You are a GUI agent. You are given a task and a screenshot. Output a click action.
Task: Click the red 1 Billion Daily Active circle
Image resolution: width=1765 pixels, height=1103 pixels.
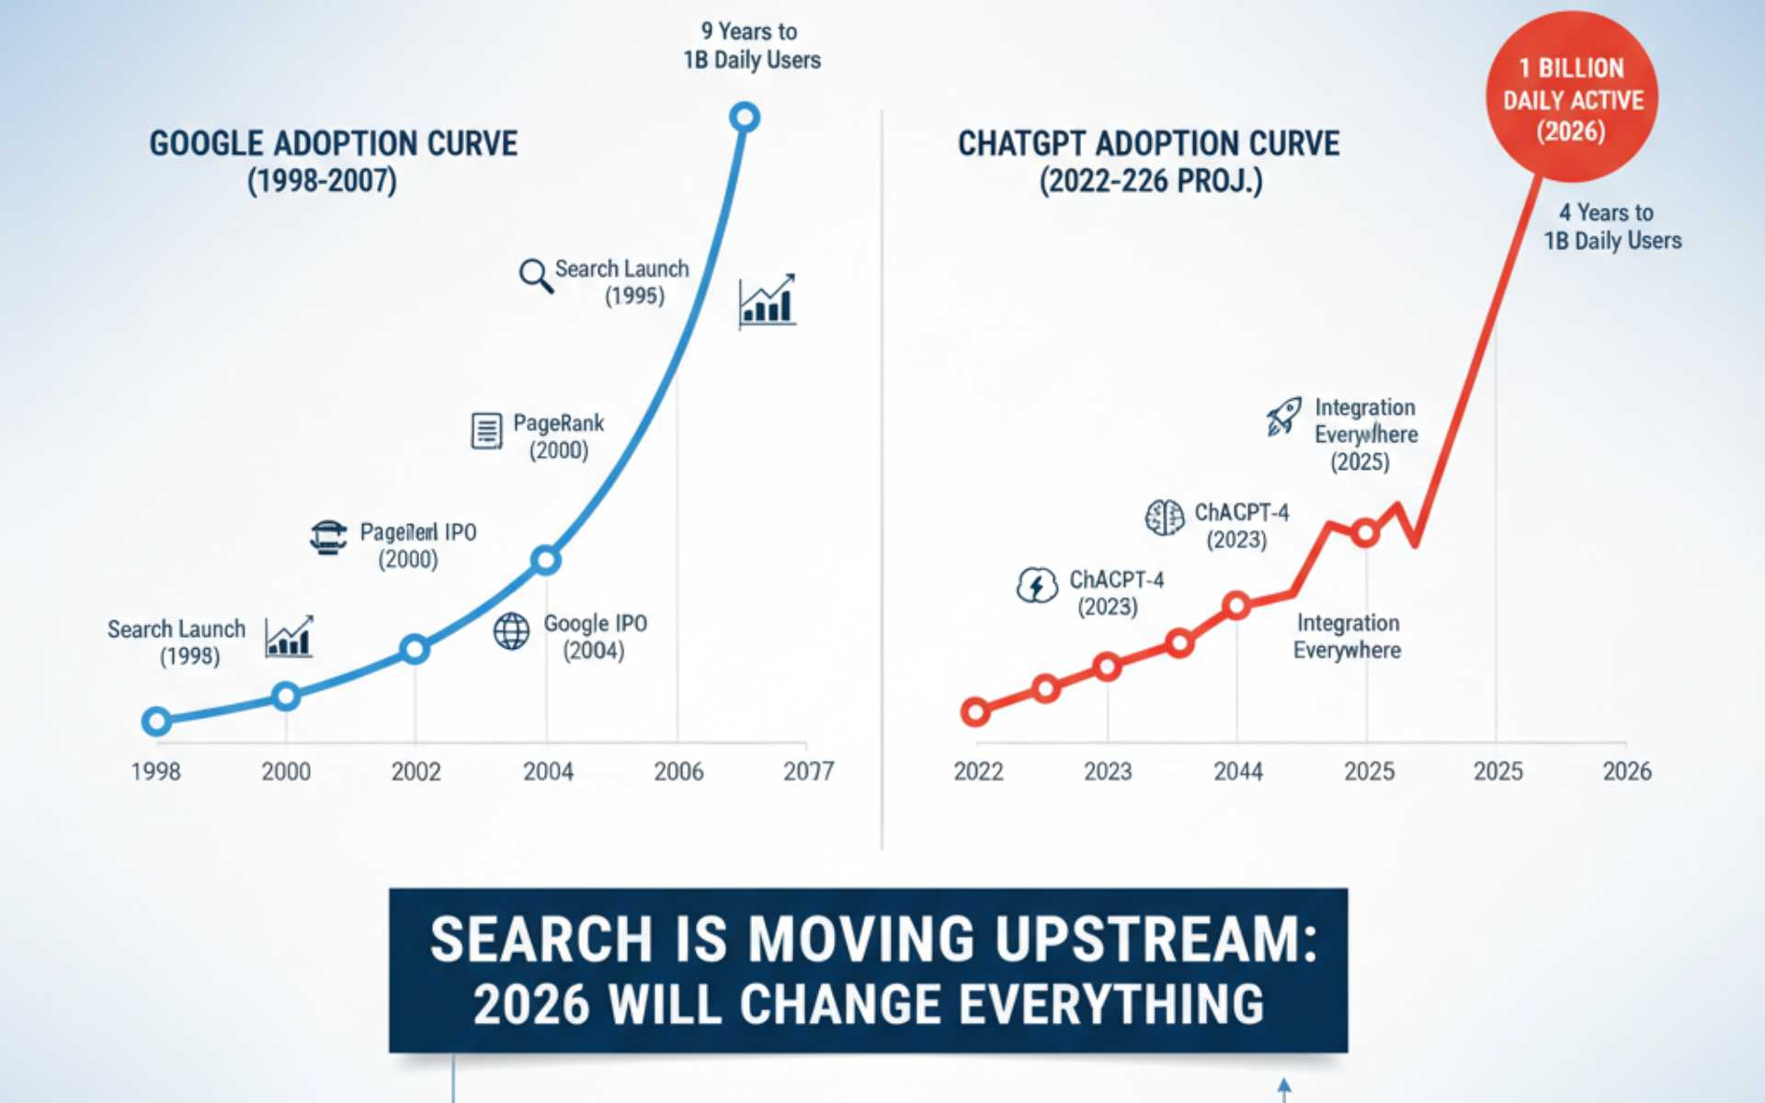point(1572,97)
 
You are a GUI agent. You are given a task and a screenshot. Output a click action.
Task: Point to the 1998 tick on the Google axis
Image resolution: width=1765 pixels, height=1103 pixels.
point(156,771)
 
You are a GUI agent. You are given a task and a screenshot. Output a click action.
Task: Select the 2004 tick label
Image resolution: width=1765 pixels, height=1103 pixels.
point(548,771)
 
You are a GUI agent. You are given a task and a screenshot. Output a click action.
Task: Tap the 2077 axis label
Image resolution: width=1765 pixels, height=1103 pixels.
point(808,771)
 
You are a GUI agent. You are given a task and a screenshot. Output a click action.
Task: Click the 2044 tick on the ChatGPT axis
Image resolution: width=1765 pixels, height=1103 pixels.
point(1237,771)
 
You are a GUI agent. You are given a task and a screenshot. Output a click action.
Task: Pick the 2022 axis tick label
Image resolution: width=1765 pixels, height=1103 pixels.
point(978,771)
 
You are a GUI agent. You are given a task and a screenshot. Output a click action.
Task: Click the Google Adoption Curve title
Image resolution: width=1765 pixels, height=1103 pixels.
point(333,161)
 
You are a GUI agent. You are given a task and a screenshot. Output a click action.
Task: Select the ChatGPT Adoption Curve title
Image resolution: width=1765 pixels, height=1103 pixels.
point(1149,161)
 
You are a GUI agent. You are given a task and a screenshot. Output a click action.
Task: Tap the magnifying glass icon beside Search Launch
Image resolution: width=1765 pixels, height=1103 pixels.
point(535,276)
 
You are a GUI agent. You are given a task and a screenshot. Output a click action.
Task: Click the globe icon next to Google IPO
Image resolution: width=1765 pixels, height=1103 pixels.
point(511,631)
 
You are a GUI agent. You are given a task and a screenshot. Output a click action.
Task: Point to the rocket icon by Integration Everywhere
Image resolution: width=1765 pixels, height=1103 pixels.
point(1283,416)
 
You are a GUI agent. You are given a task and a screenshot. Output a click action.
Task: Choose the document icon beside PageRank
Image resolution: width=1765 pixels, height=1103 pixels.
point(486,430)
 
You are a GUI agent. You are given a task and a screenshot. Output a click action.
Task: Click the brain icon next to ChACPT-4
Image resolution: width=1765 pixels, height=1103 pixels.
point(1164,517)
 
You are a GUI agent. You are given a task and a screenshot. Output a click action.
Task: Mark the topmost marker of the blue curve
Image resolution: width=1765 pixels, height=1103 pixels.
point(744,118)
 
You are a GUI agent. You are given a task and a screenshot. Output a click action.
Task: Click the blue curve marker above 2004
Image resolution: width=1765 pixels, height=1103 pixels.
point(546,560)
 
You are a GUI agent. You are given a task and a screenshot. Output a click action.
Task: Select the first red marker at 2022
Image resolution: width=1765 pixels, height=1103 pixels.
point(975,711)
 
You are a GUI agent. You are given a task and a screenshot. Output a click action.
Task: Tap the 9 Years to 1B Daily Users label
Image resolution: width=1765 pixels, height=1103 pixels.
point(751,46)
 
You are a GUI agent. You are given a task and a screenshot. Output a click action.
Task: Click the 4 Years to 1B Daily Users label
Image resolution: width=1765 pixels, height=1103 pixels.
point(1612,227)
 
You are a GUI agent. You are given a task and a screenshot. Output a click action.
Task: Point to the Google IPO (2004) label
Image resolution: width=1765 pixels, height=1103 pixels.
point(595,637)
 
